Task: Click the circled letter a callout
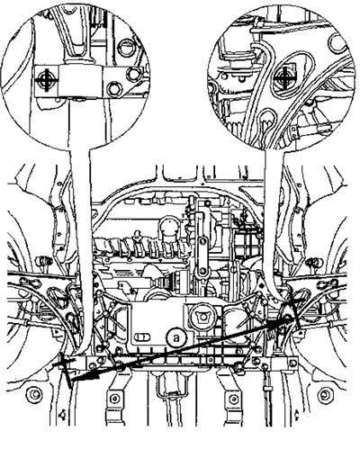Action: [176, 337]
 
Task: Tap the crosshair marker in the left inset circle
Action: [46, 80]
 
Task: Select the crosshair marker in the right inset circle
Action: [283, 79]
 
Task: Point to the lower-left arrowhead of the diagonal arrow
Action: [78, 377]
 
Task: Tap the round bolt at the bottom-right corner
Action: [326, 395]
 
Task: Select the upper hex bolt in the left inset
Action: [133, 74]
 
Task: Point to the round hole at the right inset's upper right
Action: [340, 43]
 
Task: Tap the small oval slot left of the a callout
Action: [142, 337]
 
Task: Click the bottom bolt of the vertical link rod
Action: [202, 272]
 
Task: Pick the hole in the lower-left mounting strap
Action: [114, 399]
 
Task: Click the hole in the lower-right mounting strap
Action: [234, 399]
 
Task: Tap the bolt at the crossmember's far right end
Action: [292, 364]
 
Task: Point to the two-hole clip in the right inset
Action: [295, 132]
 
